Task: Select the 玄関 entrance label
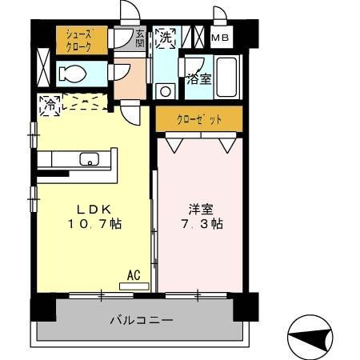point(140,38)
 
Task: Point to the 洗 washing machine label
point(166,36)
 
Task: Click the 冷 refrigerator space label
point(49,104)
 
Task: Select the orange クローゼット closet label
point(198,118)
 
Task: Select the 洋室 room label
point(200,209)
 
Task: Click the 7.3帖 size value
point(200,225)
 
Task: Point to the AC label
point(134,274)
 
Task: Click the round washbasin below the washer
point(166,91)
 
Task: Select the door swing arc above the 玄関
point(127,10)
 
